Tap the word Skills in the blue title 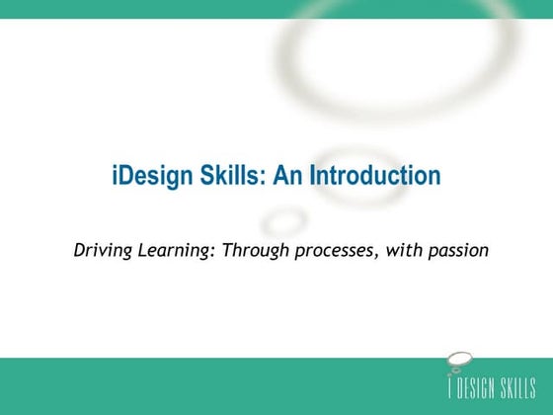(229, 177)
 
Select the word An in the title (287, 177)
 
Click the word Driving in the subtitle (101, 250)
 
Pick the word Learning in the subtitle (175, 250)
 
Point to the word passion (457, 251)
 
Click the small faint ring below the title (285, 218)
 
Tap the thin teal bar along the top (276, 9)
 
